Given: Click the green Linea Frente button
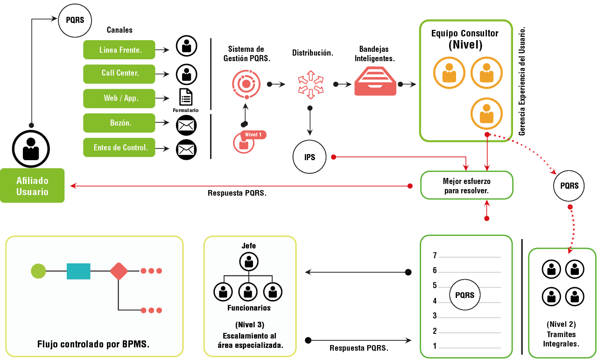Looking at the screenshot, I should pos(119,50).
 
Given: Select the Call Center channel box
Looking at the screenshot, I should pos(119,74).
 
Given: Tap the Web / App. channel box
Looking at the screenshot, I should pos(119,99).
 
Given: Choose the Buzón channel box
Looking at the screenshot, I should pos(119,123).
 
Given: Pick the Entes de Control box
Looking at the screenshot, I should pos(119,148).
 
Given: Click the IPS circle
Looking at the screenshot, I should pos(310,157).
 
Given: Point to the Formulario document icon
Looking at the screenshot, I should pos(186,97).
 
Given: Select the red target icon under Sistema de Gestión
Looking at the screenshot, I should pos(246,84).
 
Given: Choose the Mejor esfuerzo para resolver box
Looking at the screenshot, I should pos(466,185).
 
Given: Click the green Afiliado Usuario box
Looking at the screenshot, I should pos(32,186).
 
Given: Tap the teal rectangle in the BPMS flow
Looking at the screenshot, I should pos(78,271).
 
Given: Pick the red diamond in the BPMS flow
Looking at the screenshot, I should pos(119,271).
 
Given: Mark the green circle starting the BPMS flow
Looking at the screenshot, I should pos(38,271).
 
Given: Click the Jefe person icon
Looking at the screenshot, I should pos(249,261).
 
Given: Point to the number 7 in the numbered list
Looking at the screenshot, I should pos(435,255).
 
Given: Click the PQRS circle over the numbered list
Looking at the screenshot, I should pos(464,295).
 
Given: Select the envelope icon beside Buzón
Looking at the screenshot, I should pos(186,125).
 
